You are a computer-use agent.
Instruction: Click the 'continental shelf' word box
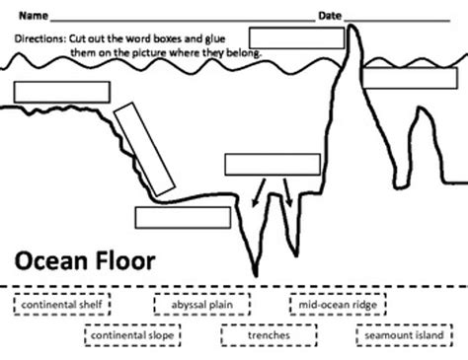[62, 305]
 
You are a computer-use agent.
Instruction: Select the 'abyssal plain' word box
[202, 305]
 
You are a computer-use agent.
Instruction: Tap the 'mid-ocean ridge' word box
[338, 305]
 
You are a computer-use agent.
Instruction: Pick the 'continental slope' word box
[132, 335]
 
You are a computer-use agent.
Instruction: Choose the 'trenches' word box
[269, 335]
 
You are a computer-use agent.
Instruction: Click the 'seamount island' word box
[404, 335]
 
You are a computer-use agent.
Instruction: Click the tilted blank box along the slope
[144, 149]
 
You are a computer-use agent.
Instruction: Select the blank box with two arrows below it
[273, 165]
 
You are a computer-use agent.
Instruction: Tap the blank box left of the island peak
[297, 38]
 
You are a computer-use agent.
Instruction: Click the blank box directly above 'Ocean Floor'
[183, 217]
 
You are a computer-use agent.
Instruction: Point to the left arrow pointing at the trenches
[259, 192]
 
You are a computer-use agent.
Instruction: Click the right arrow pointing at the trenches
[288, 192]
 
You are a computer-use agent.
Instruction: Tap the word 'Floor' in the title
[125, 260]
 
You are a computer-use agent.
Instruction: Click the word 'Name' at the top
[34, 16]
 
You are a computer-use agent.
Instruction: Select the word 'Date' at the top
[330, 16]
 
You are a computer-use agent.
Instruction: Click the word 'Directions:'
[40, 38]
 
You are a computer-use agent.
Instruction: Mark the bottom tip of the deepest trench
[256, 275]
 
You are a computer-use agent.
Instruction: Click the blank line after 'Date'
[397, 21]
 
